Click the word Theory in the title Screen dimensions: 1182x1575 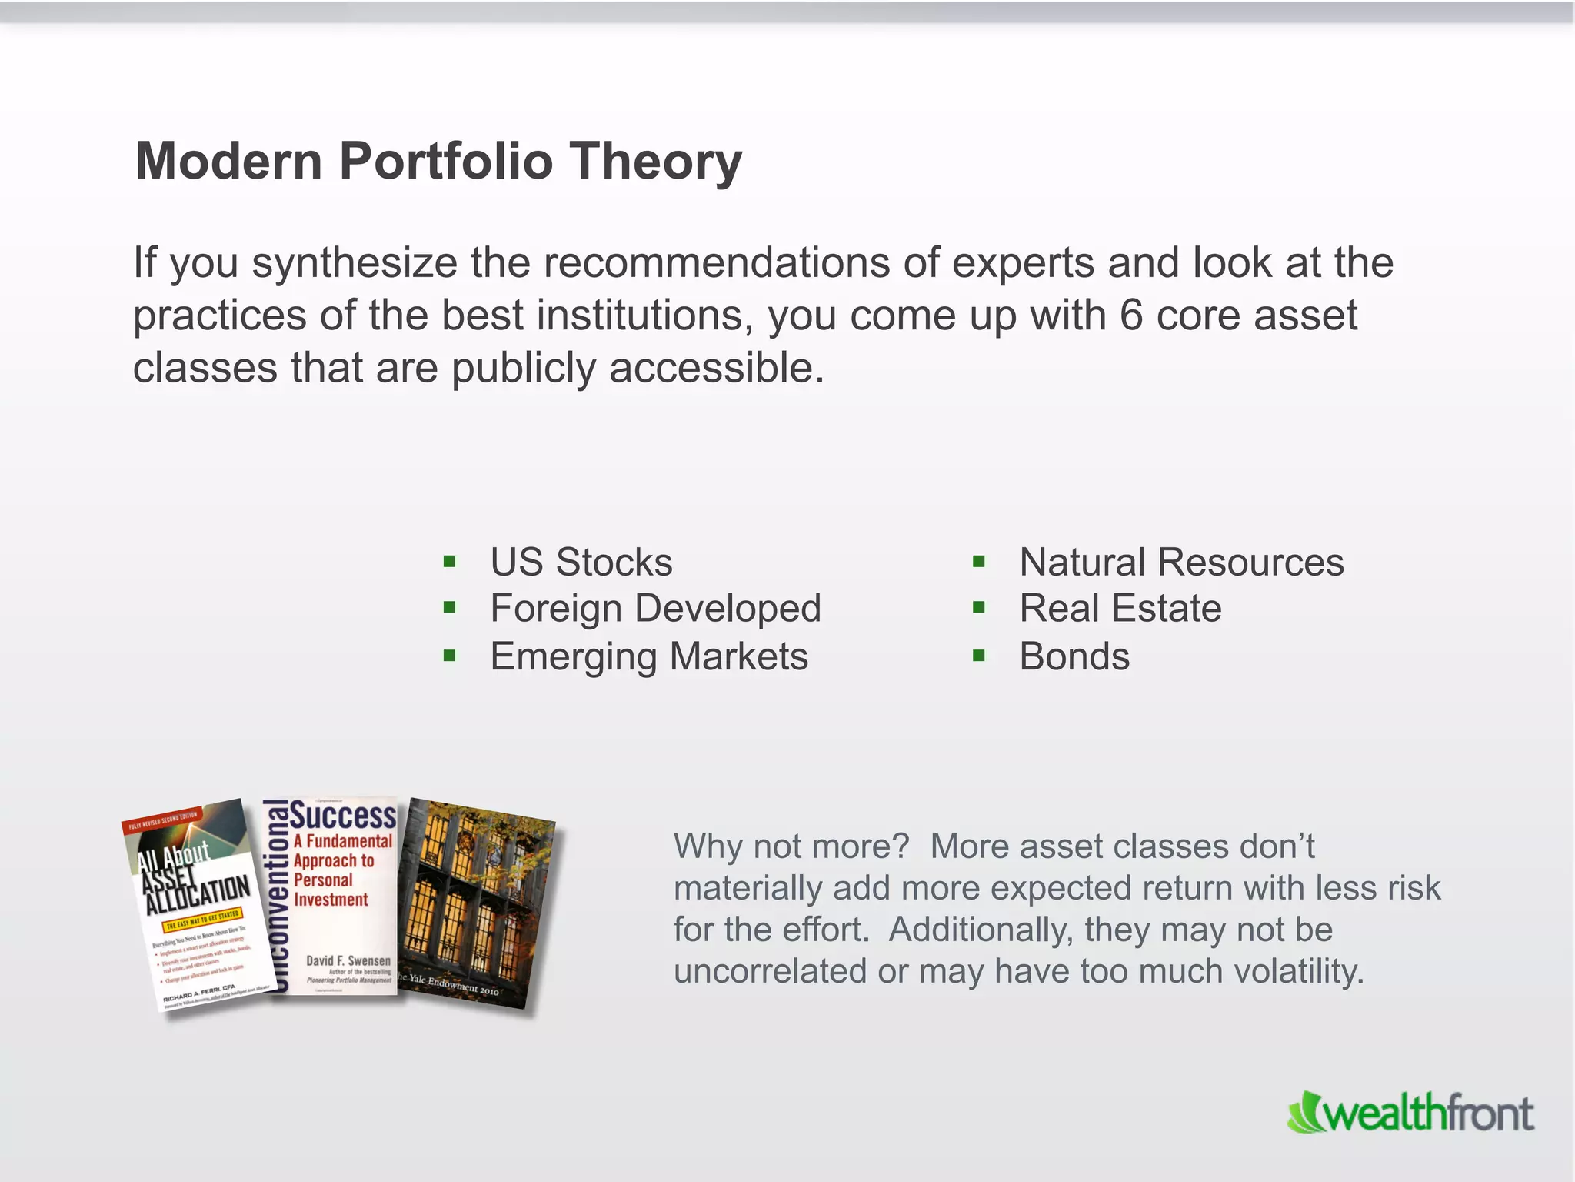pos(655,162)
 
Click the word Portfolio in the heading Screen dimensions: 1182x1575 pos(446,162)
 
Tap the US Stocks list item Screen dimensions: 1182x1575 pos(581,563)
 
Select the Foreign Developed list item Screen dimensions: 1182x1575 pos(655,609)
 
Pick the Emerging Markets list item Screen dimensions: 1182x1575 pos(649,657)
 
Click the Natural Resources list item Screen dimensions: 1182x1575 pos(1181,563)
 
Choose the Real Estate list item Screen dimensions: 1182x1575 pos(1120,609)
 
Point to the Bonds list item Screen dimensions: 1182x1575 pos(1074,657)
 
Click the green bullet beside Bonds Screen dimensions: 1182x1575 pos(978,656)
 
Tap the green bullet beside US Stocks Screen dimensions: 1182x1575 pos(450,562)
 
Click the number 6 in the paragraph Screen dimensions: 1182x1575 pos(1130,316)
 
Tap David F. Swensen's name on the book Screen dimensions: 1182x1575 pos(348,960)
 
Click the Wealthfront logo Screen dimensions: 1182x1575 pos(1410,1113)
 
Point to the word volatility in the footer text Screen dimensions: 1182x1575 pos(1298,971)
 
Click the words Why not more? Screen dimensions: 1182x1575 pos(791,846)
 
